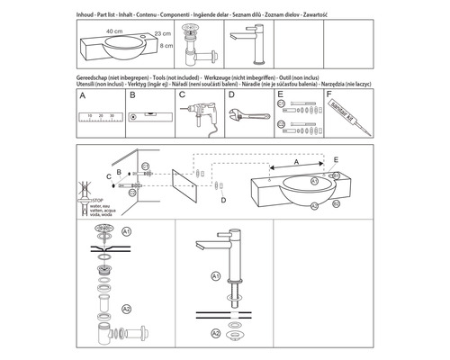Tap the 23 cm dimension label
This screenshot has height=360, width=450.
pyautogui.click(x=162, y=33)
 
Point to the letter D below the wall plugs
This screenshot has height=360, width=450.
pyautogui.click(x=224, y=201)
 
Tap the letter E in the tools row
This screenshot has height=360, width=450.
pyautogui.click(x=279, y=93)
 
